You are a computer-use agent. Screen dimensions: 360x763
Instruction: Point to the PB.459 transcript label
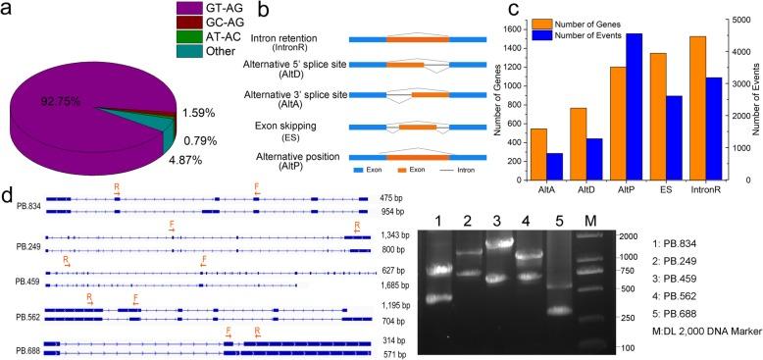(26, 281)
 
